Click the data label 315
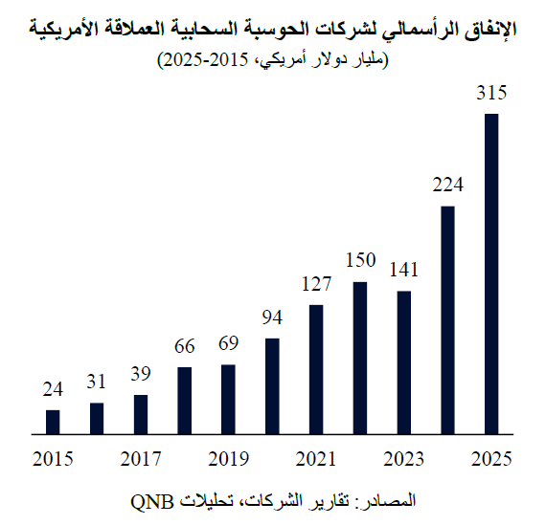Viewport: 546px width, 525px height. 491,94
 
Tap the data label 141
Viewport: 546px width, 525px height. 403,271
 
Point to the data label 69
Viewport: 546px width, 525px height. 228,343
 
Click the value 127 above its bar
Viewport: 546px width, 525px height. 316,284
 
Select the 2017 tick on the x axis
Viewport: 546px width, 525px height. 141,459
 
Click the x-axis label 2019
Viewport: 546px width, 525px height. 228,459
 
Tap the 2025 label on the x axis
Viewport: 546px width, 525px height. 491,459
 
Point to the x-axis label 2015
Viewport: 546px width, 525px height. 53,459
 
